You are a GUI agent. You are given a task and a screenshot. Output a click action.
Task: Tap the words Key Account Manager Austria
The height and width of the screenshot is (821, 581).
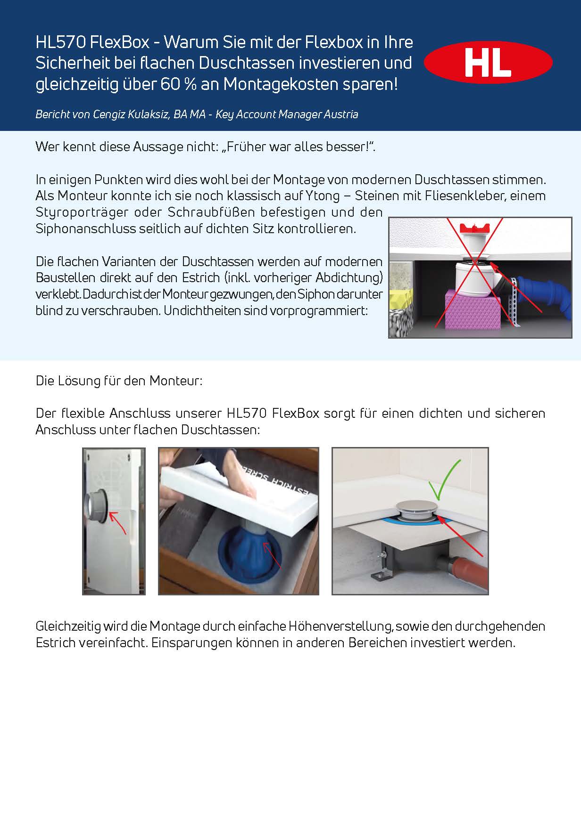click(287, 114)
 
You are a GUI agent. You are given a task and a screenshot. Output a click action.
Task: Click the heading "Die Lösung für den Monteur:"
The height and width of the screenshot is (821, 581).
click(119, 381)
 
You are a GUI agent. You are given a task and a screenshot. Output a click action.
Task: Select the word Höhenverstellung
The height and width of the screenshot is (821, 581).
click(334, 626)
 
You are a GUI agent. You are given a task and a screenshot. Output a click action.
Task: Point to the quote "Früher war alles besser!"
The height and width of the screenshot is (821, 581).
click(299, 147)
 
